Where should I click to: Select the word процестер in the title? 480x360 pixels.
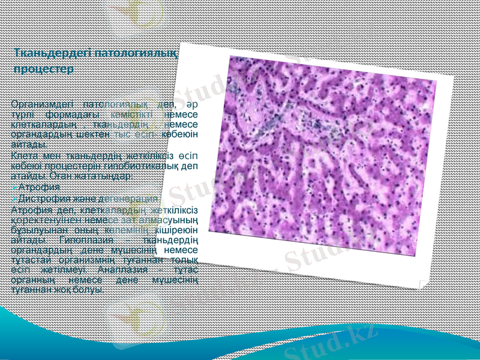[x=43, y=69]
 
